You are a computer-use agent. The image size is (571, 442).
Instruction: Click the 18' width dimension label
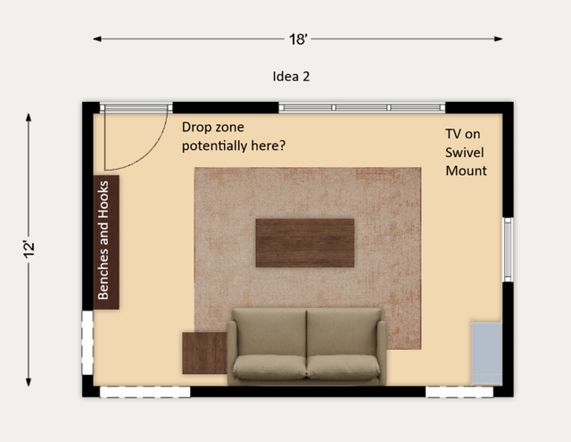(298, 39)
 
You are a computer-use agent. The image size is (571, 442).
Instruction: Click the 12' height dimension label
(29, 249)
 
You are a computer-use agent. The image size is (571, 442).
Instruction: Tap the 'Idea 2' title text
(291, 77)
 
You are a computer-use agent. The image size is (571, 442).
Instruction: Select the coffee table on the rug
(305, 243)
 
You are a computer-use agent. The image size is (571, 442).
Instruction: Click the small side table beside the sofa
(204, 353)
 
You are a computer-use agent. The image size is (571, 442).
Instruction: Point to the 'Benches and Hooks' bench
(106, 242)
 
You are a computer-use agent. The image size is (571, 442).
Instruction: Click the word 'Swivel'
(464, 153)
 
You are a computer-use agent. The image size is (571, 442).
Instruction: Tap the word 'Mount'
(466, 171)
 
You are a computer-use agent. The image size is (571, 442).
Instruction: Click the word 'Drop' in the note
(196, 128)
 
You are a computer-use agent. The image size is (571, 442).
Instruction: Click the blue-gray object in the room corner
(486, 353)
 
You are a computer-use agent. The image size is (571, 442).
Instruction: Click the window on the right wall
(508, 250)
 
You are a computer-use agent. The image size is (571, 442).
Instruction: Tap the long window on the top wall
(362, 107)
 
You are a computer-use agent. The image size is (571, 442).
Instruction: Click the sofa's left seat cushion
(269, 367)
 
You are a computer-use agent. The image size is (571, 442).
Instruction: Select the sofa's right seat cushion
(343, 367)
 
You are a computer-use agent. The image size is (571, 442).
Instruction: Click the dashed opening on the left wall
(87, 343)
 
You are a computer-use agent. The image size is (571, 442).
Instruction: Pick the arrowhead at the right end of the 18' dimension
(499, 38)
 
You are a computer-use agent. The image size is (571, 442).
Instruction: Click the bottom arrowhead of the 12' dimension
(29, 382)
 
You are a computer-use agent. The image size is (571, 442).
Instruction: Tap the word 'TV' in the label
(453, 134)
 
